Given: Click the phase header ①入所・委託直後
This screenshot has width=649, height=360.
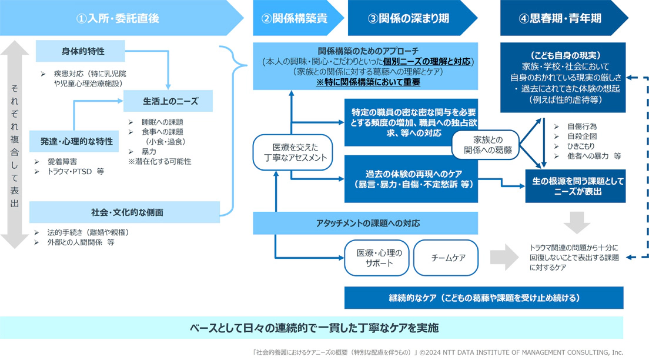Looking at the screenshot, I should (x=118, y=18).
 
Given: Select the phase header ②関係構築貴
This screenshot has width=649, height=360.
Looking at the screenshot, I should (x=294, y=18).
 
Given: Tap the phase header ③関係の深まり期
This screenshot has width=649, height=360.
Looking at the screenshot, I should (x=409, y=18).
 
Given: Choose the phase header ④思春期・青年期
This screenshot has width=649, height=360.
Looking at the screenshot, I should (x=560, y=18).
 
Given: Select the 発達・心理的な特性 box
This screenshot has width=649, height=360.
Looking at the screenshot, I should (x=76, y=141).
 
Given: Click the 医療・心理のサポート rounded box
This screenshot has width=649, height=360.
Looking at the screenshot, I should (x=376, y=258).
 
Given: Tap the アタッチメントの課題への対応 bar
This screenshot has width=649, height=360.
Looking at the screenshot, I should (x=367, y=224).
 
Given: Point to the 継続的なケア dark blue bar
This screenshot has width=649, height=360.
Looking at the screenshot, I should (x=483, y=298).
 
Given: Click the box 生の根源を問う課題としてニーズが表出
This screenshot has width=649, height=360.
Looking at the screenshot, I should (x=574, y=186).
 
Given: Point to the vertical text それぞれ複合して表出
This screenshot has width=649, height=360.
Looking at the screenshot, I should (x=15, y=144).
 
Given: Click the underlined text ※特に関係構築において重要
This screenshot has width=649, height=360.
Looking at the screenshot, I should (x=367, y=82).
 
